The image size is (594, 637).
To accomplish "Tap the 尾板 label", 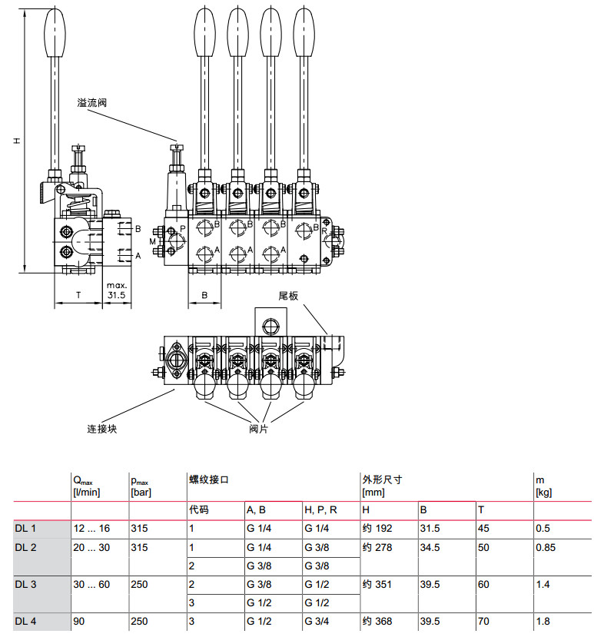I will pyautogui.click(x=287, y=296).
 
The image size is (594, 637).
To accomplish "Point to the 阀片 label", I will pyautogui.click(x=259, y=428).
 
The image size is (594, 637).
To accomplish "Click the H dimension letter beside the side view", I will pyautogui.click(x=15, y=141).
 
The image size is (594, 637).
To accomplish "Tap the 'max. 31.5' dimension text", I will pyautogui.click(x=117, y=290).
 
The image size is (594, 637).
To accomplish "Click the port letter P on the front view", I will pyautogui.click(x=182, y=229).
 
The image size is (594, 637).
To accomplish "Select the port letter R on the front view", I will pyautogui.click(x=325, y=229).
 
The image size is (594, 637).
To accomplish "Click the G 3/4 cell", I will pyautogui.click(x=318, y=621).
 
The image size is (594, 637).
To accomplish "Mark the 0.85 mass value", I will pyautogui.click(x=546, y=548).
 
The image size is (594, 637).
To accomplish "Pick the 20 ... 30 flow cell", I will pyautogui.click(x=91, y=548).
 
